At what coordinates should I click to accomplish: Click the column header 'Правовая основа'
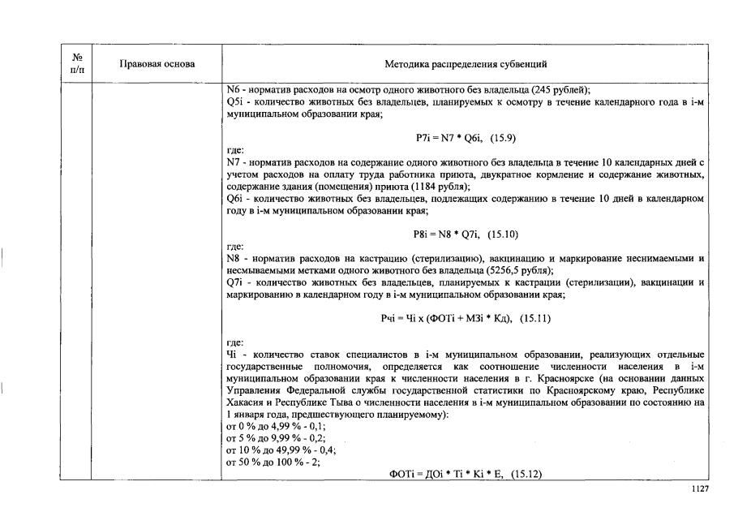click(157, 63)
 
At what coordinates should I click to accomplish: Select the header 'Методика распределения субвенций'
click(465, 63)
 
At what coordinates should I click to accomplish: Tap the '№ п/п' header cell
click(78, 63)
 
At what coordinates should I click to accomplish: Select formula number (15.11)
click(535, 318)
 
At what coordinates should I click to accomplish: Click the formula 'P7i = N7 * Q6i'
click(443, 139)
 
